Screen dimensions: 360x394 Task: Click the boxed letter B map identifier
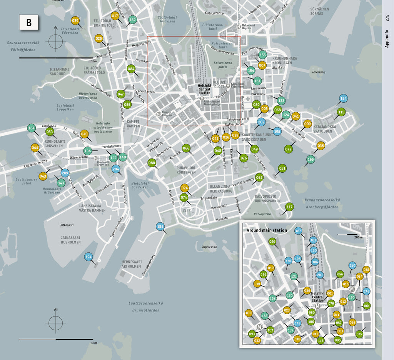point(29,23)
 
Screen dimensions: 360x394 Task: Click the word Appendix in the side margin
point(387,39)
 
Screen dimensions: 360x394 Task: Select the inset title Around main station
point(267,230)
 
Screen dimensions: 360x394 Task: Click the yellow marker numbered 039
point(75,21)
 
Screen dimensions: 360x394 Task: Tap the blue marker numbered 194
point(88,257)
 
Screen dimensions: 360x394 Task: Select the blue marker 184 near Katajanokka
point(343,98)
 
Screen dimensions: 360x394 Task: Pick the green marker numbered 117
point(289,207)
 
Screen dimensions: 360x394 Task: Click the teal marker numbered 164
point(32,128)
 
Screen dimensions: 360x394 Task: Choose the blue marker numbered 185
point(160,227)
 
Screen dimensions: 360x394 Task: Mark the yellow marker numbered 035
point(321,145)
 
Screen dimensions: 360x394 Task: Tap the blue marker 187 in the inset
point(298,231)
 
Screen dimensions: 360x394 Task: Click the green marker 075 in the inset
point(359,334)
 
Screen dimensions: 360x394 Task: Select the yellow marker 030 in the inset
point(249,313)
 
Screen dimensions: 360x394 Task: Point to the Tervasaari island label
point(319,72)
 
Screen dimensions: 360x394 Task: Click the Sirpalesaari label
point(209,247)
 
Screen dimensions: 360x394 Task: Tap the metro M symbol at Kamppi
point(159,114)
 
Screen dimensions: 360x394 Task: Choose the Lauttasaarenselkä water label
point(145,303)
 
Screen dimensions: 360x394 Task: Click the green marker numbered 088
point(152,163)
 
